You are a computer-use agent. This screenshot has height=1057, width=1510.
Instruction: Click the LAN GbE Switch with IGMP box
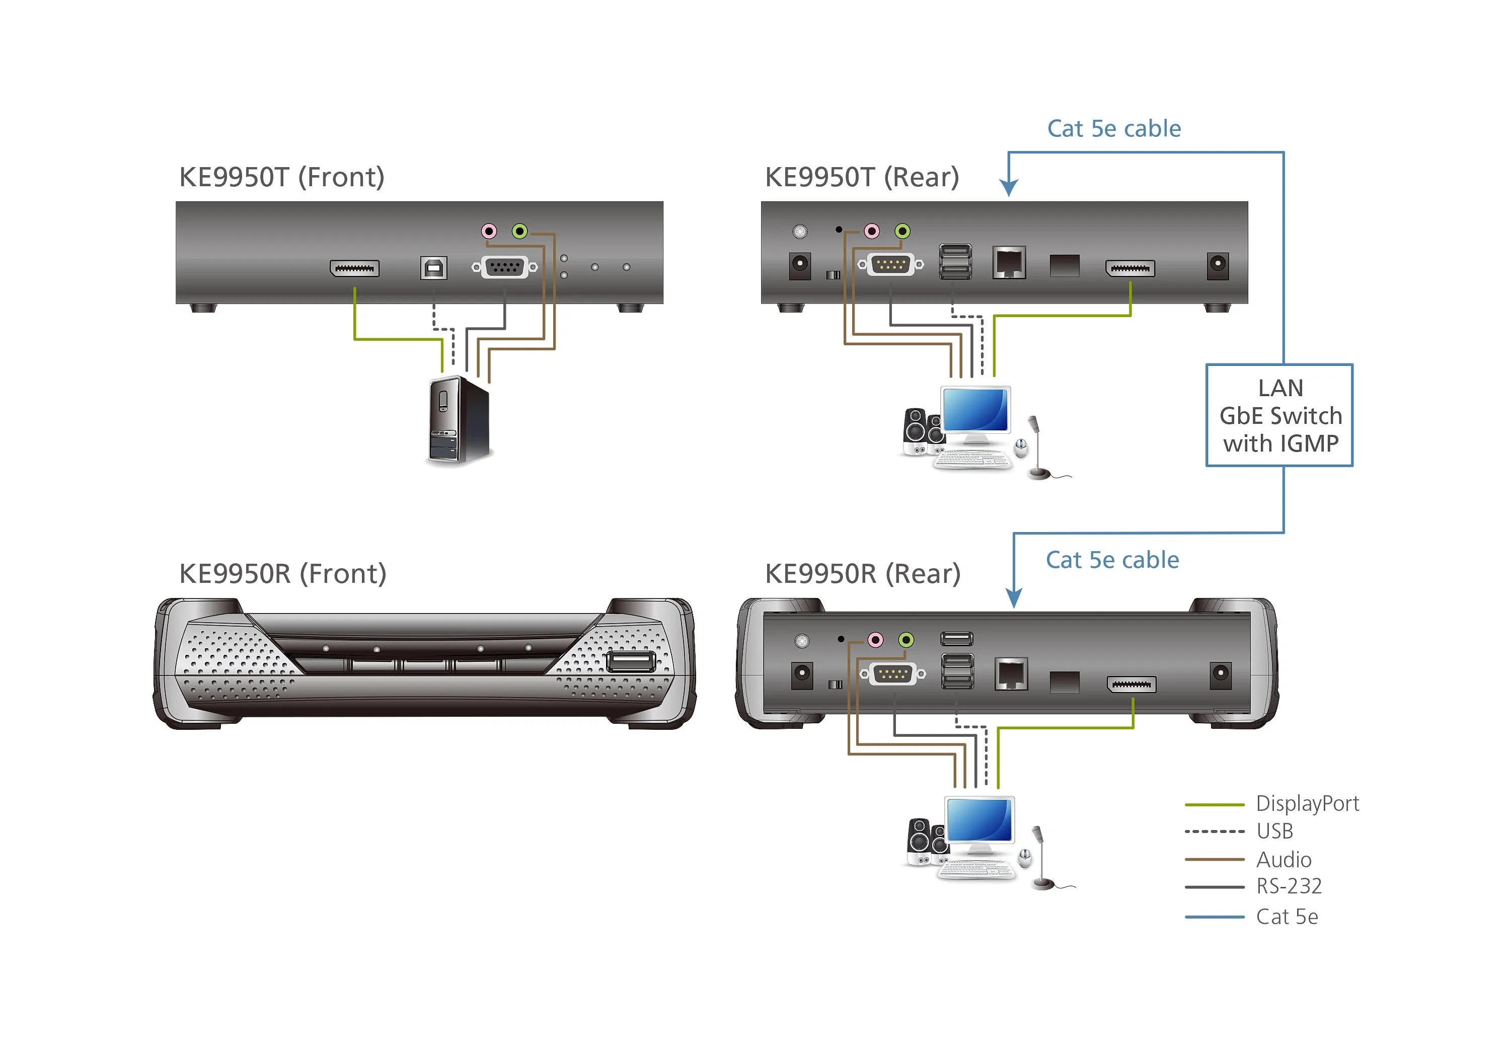(x=1279, y=416)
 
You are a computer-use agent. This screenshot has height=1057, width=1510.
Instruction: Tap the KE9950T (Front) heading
(x=281, y=178)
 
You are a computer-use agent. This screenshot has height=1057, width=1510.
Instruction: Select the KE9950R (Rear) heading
(x=862, y=574)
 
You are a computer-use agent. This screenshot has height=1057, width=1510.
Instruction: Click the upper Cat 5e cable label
(x=1113, y=129)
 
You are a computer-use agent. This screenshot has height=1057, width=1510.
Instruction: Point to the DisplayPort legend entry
(x=1306, y=804)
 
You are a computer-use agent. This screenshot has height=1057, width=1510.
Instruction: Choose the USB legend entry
(x=1274, y=832)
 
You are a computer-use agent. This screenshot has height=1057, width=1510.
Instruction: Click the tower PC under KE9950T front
(x=459, y=421)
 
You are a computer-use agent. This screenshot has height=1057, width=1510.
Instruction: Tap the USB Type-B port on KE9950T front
(x=433, y=268)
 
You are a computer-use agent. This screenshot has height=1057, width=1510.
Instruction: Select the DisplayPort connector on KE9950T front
(x=354, y=268)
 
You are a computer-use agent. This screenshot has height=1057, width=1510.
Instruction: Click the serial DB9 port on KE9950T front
(x=504, y=267)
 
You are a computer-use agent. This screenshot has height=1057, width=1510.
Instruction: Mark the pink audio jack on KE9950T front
(x=489, y=232)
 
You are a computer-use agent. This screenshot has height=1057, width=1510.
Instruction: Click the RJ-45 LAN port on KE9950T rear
(x=1009, y=263)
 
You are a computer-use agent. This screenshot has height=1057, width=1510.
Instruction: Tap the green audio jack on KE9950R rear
(x=907, y=640)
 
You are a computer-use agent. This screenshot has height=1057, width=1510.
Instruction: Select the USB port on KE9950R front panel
(x=630, y=661)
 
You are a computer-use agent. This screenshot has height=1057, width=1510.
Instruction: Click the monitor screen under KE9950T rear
(x=975, y=410)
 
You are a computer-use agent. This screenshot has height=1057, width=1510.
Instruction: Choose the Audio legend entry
(x=1282, y=860)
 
